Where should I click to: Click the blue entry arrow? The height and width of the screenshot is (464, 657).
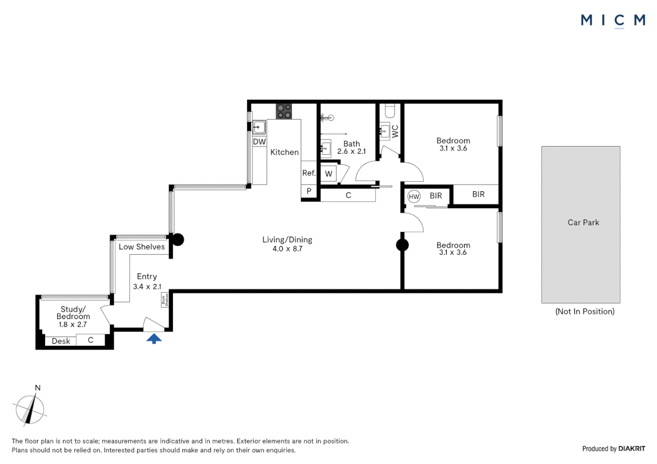tap(154, 339)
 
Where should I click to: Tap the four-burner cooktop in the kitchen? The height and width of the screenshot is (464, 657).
tap(284, 111)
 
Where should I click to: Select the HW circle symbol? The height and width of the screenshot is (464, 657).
tap(414, 197)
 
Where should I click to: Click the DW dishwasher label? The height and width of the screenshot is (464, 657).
tap(259, 142)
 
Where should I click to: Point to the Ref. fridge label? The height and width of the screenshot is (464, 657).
tap(309, 173)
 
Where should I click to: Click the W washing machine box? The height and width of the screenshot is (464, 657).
tap(328, 174)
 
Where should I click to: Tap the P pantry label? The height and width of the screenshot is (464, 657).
tap(309, 191)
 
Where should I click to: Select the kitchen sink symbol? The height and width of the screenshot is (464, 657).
tap(259, 127)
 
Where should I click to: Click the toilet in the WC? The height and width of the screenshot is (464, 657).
tap(390, 111)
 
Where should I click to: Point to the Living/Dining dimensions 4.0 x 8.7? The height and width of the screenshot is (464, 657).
tap(287, 249)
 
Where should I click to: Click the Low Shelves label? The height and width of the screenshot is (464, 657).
tap(141, 247)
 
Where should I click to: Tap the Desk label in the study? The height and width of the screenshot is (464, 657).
tap(61, 341)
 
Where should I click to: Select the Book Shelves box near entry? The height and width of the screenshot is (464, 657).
tap(164, 299)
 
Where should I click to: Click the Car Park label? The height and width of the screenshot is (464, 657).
tap(583, 223)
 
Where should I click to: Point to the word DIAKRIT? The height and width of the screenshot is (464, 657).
tap(632, 449)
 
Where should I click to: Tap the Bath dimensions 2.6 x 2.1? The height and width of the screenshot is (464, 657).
tap(351, 152)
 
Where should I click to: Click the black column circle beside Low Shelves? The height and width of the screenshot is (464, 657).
tap(178, 240)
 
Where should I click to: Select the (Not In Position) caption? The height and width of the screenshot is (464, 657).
tap(585, 311)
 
